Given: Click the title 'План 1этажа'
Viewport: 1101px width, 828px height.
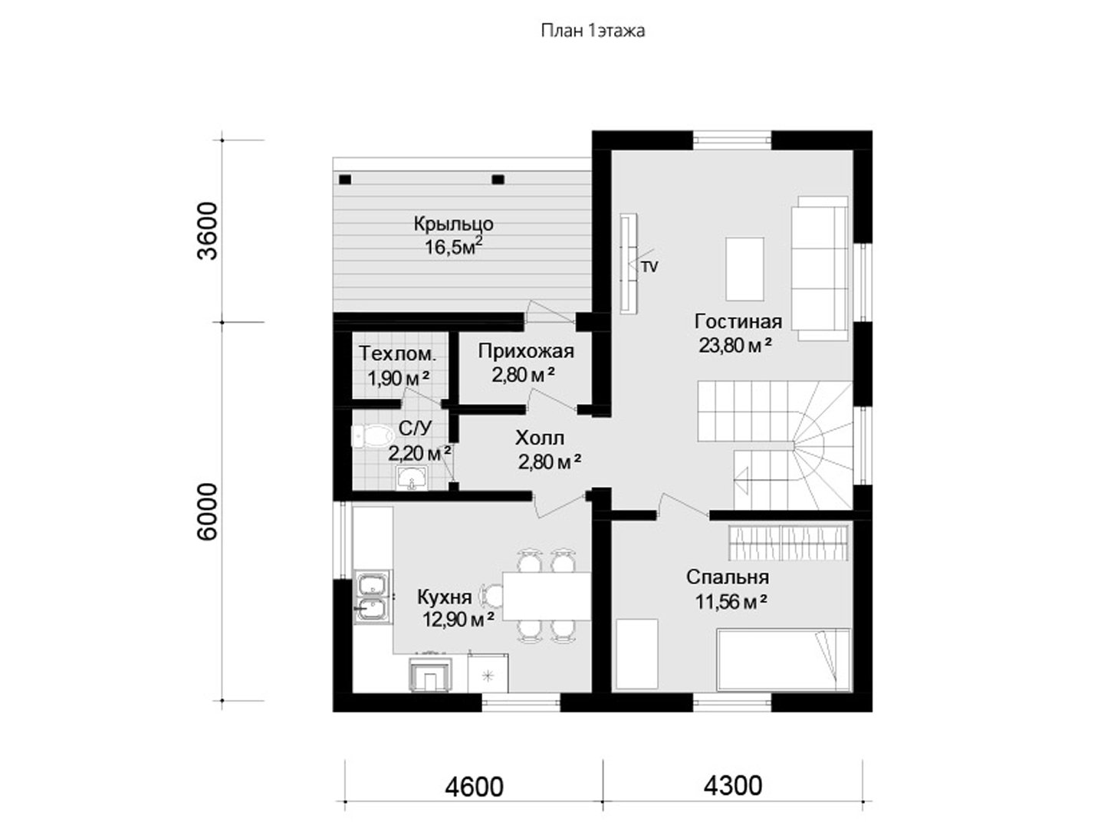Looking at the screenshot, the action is click(x=593, y=31).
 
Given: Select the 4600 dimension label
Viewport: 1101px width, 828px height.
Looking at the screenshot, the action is click(x=474, y=787).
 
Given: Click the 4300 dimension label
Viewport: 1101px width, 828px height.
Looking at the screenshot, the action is click(x=733, y=786).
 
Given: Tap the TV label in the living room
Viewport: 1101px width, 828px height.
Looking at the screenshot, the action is click(x=649, y=268).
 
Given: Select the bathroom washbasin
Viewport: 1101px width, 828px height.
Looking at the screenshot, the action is click(x=412, y=477).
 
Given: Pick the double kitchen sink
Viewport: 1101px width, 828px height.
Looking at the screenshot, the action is click(x=372, y=596).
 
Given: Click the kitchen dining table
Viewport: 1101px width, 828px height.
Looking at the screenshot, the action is click(x=547, y=596).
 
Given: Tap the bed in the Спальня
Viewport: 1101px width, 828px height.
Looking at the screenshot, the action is click(x=784, y=660).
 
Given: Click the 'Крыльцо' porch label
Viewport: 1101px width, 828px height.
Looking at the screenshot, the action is click(x=453, y=225).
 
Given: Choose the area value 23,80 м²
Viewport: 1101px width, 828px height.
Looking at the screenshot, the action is click(x=735, y=346).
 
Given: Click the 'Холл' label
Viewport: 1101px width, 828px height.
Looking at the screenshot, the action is click(x=540, y=439).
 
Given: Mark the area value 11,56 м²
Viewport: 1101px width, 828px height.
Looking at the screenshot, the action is click(x=731, y=602).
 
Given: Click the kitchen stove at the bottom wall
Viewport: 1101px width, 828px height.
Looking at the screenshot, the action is click(x=430, y=673).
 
